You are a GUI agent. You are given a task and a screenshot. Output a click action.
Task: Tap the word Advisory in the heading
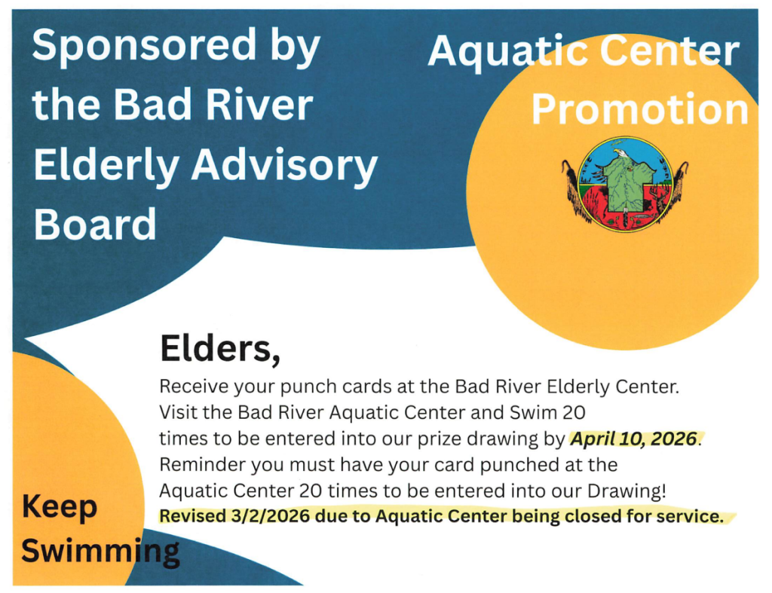[x=284, y=165]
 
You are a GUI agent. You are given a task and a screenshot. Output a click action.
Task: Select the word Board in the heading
[x=95, y=224]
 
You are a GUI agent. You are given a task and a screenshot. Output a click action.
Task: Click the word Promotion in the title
[x=639, y=109]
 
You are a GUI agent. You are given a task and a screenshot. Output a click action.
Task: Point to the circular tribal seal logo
[x=625, y=184]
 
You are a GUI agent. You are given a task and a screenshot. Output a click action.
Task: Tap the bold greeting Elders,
[x=220, y=348]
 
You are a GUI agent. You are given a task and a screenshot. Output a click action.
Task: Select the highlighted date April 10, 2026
[x=633, y=439]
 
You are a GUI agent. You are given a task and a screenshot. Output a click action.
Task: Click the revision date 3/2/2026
[x=270, y=516]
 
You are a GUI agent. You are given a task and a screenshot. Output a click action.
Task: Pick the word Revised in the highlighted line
[x=192, y=516]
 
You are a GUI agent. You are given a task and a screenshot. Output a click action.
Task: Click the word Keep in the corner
[x=59, y=507]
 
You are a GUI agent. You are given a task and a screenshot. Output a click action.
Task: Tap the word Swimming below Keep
[x=100, y=551]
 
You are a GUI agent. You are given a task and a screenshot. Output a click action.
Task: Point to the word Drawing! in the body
[x=626, y=491]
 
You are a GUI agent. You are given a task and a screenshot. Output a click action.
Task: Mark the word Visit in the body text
[x=178, y=412]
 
